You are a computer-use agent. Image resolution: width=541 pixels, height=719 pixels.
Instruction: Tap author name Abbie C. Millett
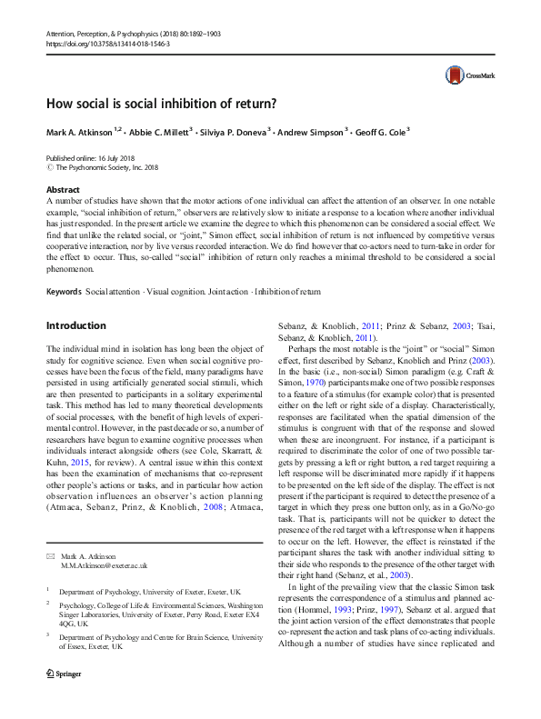click(156, 131)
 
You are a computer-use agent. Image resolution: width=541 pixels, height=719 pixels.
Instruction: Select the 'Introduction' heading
click(75, 325)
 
